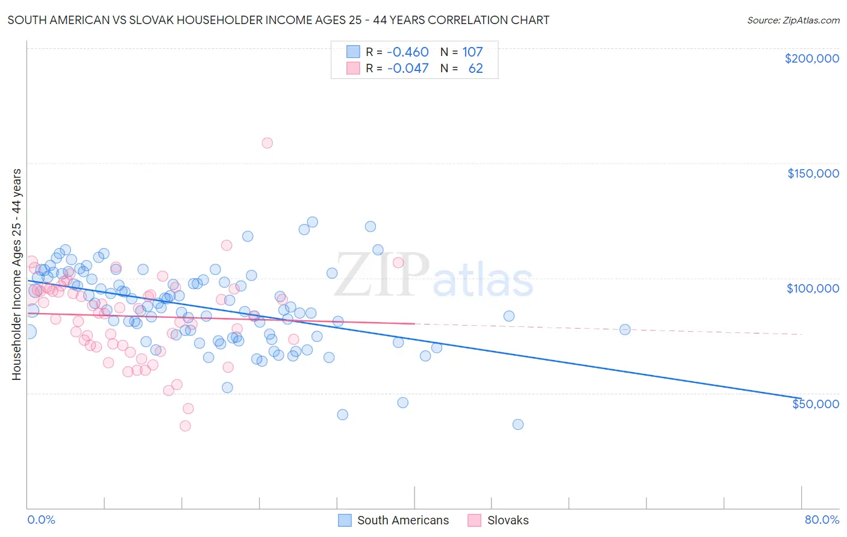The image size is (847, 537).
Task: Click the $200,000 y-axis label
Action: [x=811, y=58]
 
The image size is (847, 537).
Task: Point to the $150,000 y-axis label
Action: [x=813, y=173]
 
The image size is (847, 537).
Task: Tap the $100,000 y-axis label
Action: [x=813, y=288]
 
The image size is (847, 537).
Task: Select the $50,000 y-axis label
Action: [x=815, y=403]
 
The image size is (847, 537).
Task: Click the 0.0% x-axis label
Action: [x=41, y=520]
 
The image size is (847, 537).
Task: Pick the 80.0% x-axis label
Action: [x=822, y=520]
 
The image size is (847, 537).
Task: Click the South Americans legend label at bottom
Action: [x=402, y=520]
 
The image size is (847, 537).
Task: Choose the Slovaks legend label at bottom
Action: [x=508, y=520]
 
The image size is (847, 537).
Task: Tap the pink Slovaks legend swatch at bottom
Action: [x=475, y=520]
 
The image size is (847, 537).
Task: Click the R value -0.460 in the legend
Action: [x=408, y=52]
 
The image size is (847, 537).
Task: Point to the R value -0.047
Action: [x=408, y=68]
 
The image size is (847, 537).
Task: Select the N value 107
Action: [x=472, y=52]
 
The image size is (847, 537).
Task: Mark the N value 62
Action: [x=475, y=68]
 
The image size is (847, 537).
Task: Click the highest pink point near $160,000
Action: [x=267, y=143]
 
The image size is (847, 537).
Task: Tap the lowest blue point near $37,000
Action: [x=517, y=424]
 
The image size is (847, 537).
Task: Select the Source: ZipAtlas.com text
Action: [x=793, y=20]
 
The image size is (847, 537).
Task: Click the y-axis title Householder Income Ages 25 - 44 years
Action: [x=16, y=275]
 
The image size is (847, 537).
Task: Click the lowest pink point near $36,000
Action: [x=185, y=426]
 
